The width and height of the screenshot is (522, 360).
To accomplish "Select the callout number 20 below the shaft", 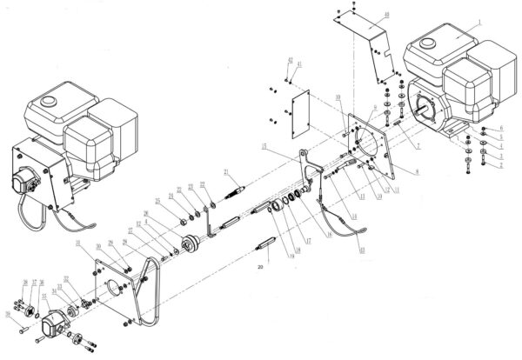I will tap(258, 269).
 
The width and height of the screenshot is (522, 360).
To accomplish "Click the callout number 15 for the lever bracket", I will tap(261, 149).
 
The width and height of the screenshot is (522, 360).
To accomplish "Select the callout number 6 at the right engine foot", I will tap(501, 130).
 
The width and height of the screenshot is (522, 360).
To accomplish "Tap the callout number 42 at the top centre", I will tap(289, 59).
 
